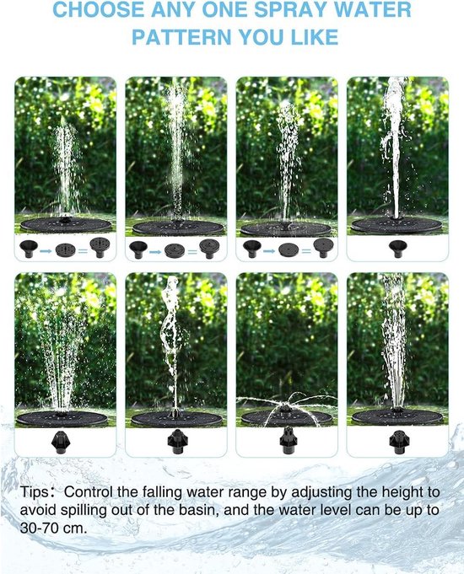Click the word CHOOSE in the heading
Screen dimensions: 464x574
click(99, 10)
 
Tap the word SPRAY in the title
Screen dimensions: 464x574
click(294, 10)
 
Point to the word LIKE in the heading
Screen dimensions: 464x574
click(315, 37)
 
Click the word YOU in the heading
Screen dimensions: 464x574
click(262, 37)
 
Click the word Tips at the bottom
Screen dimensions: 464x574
click(34, 491)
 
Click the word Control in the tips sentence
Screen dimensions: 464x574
click(88, 491)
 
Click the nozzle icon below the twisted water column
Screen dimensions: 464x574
click(177, 442)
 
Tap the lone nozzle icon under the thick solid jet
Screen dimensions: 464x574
click(397, 249)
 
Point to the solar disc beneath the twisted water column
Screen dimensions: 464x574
click(176, 418)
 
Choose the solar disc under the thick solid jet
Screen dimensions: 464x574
click(397, 224)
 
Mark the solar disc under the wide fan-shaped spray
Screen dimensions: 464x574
click(62, 418)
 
